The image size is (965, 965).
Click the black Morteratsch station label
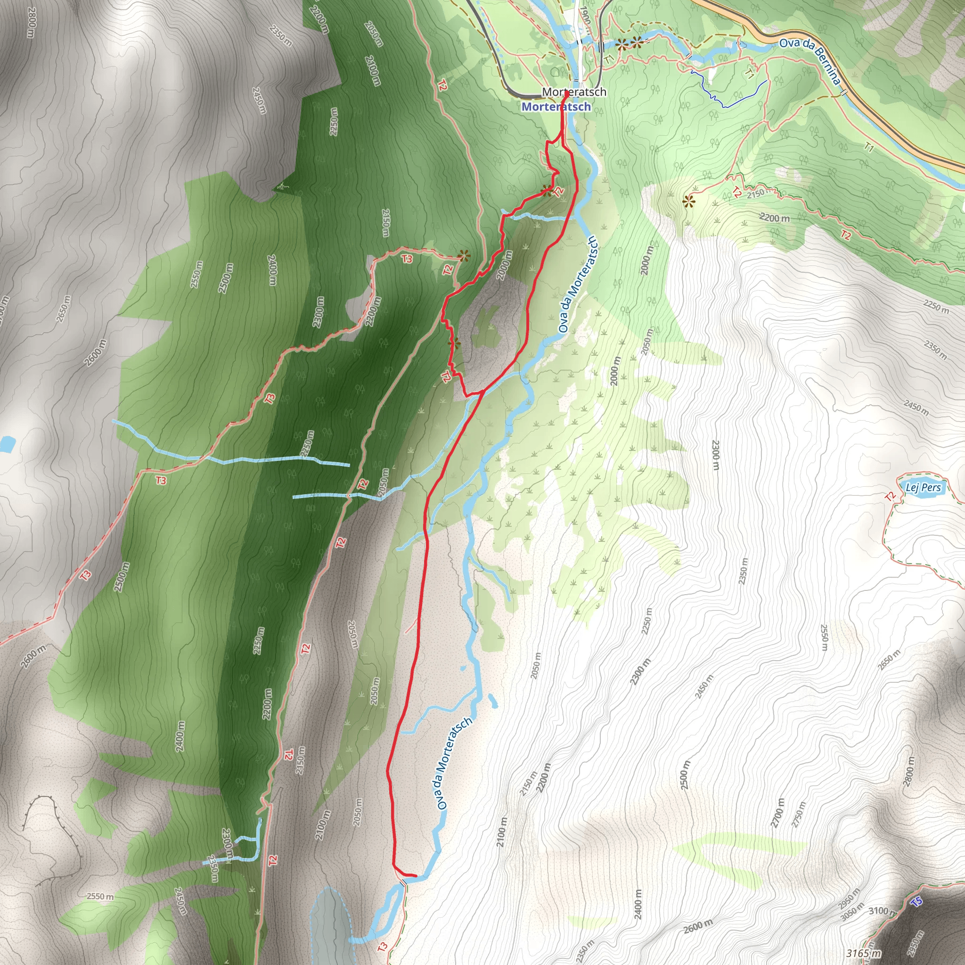click(574, 92)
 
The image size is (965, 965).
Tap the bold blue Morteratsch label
click(556, 107)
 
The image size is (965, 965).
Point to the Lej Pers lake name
click(923, 488)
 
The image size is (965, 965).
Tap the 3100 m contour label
click(882, 911)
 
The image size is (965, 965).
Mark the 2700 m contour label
click(777, 813)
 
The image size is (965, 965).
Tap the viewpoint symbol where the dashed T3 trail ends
click(464, 256)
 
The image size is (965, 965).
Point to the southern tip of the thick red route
click(416, 876)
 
